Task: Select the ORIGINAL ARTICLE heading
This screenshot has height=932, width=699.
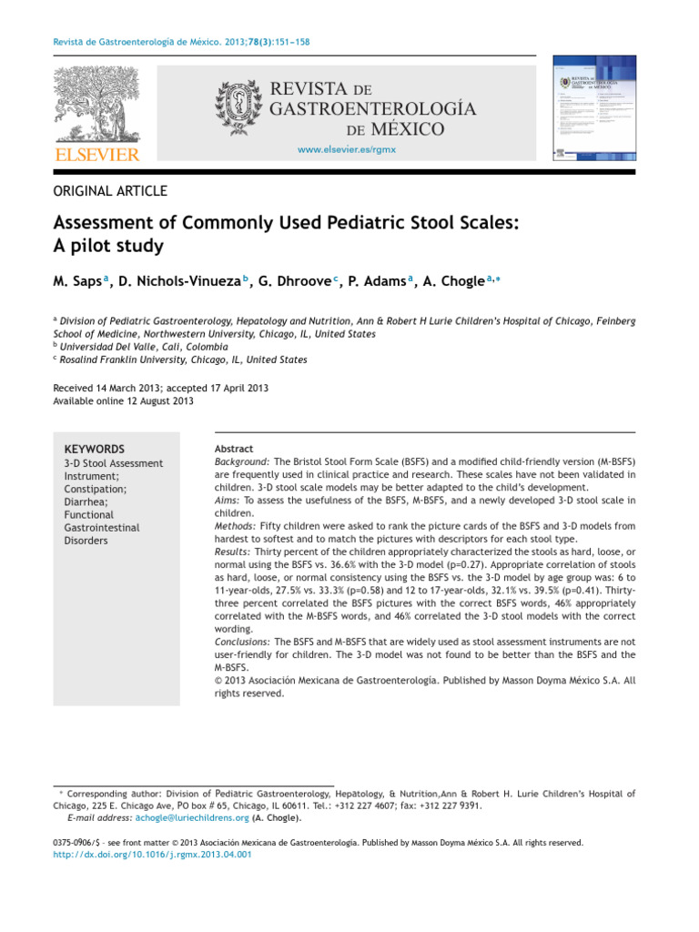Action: [x=111, y=190]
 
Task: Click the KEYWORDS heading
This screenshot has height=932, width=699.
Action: [x=95, y=449]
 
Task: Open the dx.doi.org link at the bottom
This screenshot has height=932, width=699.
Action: [x=153, y=855]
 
